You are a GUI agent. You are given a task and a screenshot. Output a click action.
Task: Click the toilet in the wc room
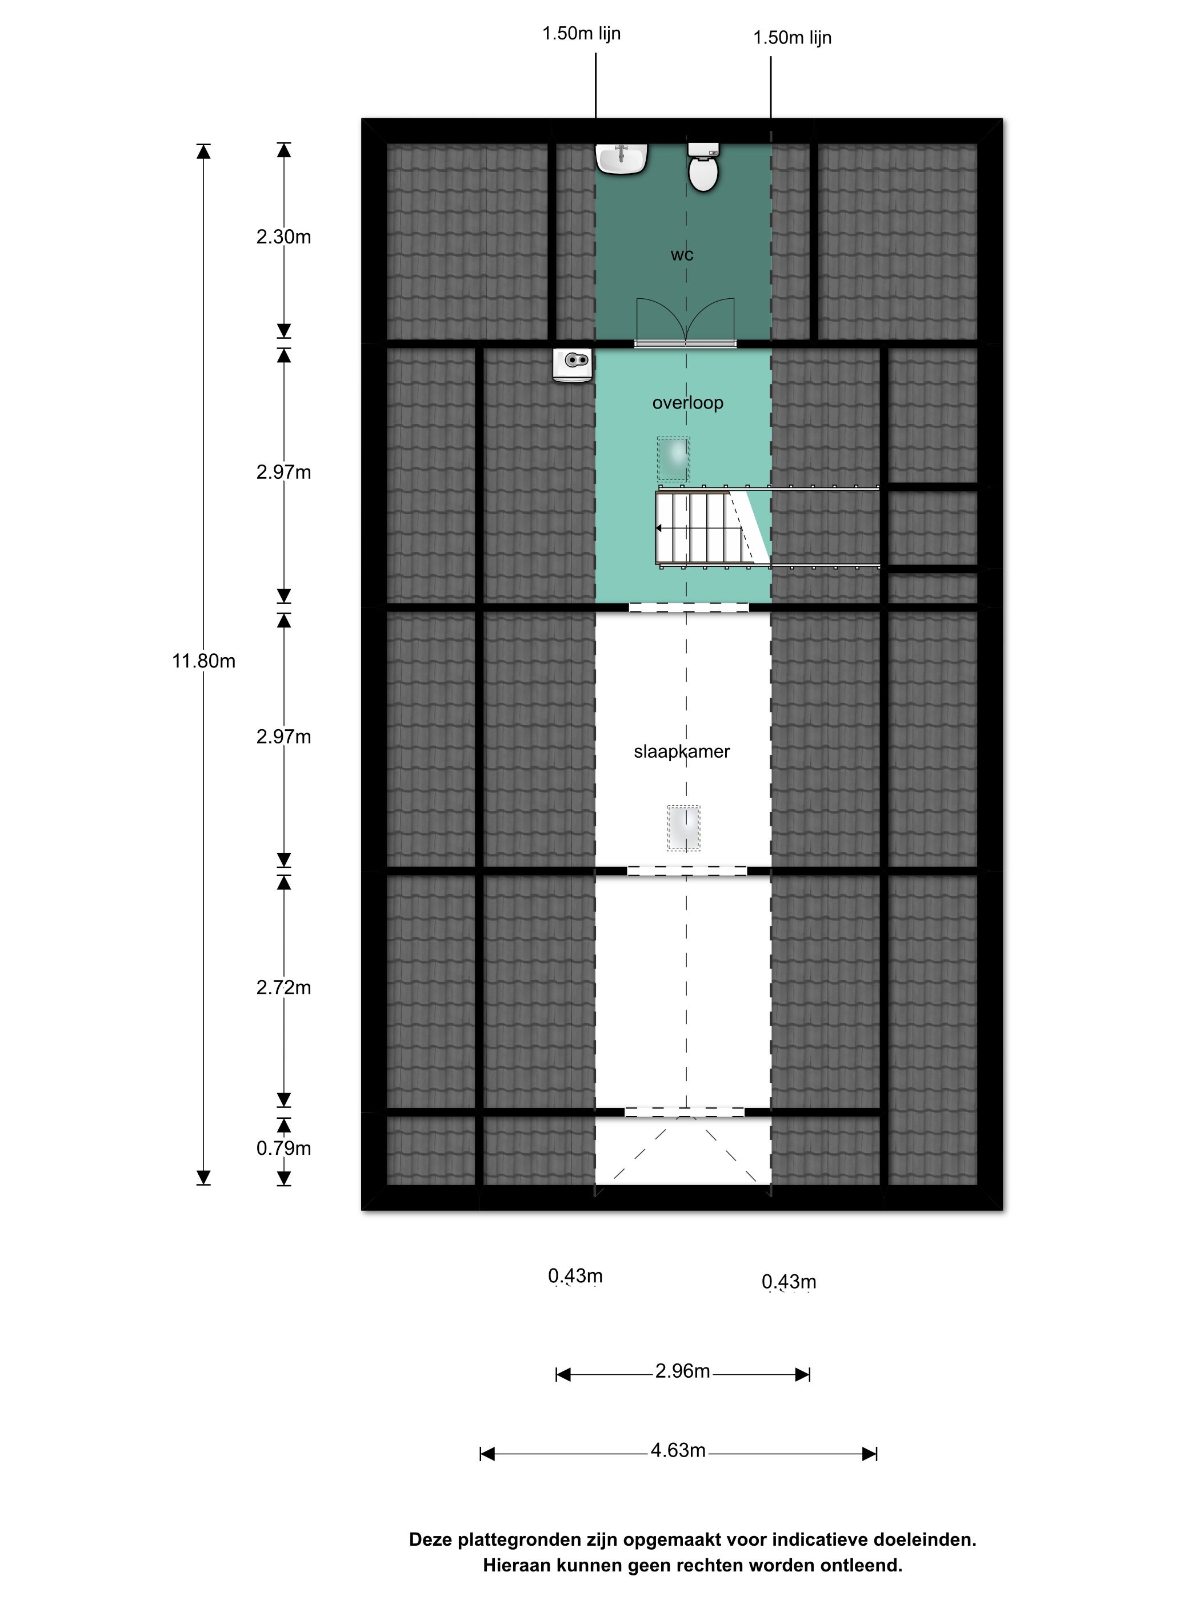702,166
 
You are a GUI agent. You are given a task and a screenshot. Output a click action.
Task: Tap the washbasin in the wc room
621,158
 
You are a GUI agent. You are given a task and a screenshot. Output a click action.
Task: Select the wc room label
681,255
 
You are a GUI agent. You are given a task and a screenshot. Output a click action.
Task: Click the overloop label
687,403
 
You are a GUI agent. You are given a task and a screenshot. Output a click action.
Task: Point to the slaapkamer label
681,751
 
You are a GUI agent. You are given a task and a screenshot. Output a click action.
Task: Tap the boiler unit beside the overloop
572,365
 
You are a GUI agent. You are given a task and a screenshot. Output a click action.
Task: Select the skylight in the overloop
673,459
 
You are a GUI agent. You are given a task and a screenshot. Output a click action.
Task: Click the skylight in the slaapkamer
683,827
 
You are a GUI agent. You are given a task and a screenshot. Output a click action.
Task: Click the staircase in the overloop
713,527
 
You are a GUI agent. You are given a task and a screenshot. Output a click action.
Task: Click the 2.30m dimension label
283,237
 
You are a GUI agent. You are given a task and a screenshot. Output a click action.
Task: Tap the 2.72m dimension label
283,987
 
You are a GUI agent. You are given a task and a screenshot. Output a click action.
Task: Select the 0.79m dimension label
283,1148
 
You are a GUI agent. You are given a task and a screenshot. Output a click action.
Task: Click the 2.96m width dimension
682,1374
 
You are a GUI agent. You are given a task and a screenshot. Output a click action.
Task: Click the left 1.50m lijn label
582,34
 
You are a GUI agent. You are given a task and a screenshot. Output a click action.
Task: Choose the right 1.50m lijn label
792,38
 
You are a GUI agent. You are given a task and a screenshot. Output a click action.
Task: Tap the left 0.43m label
575,1276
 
